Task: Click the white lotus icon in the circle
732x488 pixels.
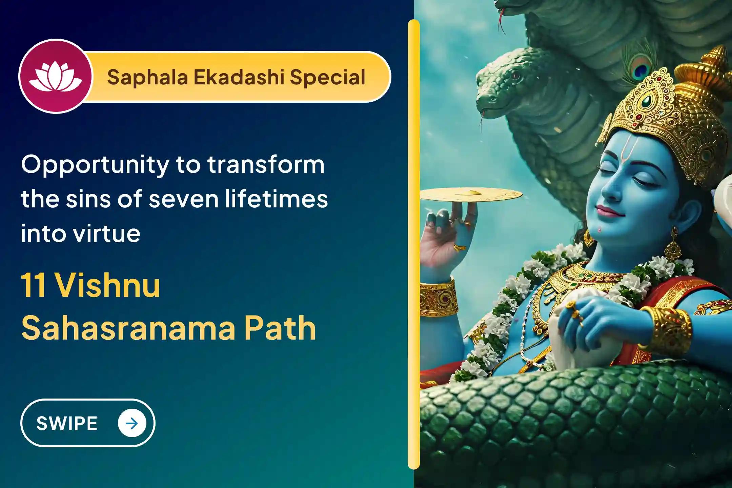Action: [x=55, y=76]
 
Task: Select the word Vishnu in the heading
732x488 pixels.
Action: [x=107, y=285]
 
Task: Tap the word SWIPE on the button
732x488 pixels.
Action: [x=67, y=423]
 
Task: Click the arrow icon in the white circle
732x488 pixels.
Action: [x=132, y=423]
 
